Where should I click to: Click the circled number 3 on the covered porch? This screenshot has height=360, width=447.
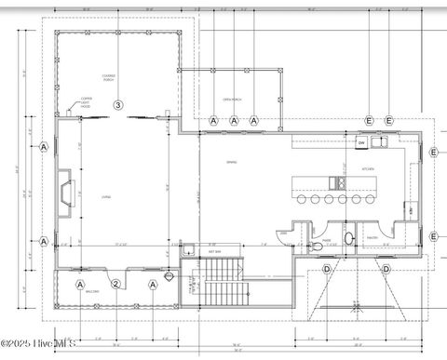pos(117,105)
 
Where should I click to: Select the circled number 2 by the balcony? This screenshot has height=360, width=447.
pos(115,285)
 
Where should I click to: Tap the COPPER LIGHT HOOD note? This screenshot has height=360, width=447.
pos(86,102)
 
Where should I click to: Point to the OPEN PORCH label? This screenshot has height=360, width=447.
pos(232,100)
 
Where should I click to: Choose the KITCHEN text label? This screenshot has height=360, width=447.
pos(368,168)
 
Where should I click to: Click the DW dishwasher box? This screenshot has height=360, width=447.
pos(361,143)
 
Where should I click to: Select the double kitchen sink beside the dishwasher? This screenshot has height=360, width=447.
pos(378,142)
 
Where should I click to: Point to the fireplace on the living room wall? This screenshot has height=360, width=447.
pos(64,192)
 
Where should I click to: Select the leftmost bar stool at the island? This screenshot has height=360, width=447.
pos(300,197)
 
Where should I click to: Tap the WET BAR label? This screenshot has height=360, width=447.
pos(214,251)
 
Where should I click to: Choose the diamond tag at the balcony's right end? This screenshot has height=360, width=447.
pos(169,275)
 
